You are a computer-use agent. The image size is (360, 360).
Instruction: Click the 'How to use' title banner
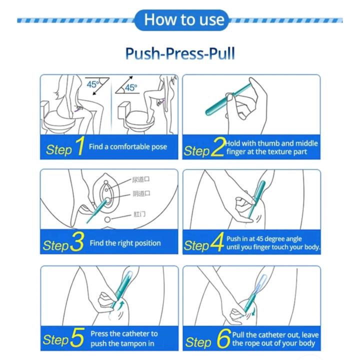point(181,20)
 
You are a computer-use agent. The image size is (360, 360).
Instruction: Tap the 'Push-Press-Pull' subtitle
point(180,53)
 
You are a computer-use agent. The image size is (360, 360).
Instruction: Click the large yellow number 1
point(80,146)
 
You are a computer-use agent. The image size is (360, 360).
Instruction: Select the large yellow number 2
point(217,147)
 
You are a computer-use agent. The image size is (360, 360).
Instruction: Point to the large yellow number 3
point(77,241)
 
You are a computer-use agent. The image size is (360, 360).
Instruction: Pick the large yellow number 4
point(216,242)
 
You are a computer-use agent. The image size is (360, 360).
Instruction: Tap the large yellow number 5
point(77,337)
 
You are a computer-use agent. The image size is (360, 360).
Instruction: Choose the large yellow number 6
point(223,338)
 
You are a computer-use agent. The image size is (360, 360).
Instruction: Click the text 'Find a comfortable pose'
point(128,146)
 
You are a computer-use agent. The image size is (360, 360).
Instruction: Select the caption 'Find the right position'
point(125,243)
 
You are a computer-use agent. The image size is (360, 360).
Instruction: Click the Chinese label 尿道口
point(140,179)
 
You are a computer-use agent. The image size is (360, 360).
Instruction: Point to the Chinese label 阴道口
point(141,193)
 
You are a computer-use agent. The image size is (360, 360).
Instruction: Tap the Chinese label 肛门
point(139,214)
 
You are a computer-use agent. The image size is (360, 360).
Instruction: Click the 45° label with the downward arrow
point(92,84)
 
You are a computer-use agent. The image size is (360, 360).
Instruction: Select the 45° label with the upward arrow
point(131,87)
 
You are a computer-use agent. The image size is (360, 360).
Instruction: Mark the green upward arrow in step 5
point(121,305)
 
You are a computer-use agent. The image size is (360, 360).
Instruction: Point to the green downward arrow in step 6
point(253,311)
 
